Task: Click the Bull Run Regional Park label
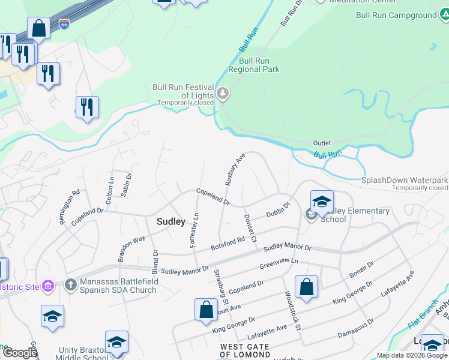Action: [259, 65]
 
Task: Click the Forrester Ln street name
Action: [194, 229]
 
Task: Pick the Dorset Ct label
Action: [250, 228]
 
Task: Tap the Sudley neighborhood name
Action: [170, 221]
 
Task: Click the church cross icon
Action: [70, 284]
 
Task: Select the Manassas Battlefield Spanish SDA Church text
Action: [119, 286]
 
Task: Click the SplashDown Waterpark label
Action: [405, 180]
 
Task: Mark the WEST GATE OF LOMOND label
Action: [253, 350]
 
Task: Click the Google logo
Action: [20, 353]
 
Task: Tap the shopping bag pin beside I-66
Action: [38, 28]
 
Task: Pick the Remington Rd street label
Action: [69, 208]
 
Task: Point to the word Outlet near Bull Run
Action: [322, 143]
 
